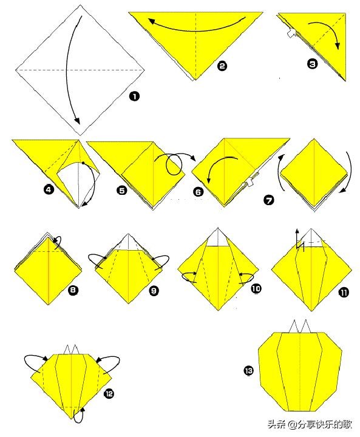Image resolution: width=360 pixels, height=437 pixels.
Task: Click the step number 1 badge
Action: click(134, 97)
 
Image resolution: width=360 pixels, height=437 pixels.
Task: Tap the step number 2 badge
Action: click(222, 66)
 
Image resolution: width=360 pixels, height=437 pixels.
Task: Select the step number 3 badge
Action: click(312, 64)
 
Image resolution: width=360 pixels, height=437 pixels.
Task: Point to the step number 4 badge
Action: click(49, 190)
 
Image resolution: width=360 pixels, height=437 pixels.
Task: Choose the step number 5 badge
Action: click(122, 191)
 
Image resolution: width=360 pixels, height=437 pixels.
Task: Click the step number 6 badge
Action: click(199, 192)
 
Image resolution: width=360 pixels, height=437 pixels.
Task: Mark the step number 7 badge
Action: click(269, 200)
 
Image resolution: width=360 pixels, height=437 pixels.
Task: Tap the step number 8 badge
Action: click(73, 290)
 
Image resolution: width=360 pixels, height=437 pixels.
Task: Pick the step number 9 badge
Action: click(154, 291)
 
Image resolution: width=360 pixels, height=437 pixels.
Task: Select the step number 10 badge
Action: click(256, 288)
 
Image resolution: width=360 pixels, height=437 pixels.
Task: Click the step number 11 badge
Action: click(344, 293)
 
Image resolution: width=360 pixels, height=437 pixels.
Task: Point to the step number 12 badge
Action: click(109, 393)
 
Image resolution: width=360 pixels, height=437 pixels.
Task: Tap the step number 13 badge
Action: click(249, 371)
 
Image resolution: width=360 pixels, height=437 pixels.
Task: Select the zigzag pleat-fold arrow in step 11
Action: click(299, 242)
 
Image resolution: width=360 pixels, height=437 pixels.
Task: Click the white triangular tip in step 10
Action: click(218, 239)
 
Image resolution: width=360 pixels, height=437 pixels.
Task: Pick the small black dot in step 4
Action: click(83, 163)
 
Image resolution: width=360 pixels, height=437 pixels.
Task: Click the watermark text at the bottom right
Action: click(310, 424)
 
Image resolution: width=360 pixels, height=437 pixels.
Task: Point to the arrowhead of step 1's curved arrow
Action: click(77, 121)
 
